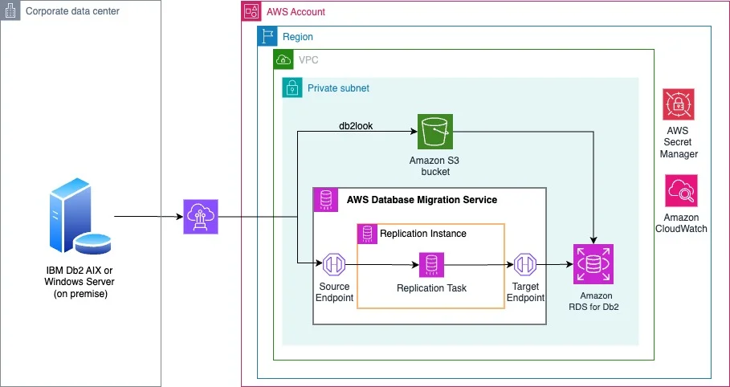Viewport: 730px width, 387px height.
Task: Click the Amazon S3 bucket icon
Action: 434,132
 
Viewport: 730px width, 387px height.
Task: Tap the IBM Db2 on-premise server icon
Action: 80,216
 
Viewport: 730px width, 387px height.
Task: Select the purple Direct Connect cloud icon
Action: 201,217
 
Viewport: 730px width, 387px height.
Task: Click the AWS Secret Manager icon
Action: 679,104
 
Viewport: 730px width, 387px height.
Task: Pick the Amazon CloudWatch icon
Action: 681,190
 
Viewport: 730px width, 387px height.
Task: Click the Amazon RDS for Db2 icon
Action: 593,264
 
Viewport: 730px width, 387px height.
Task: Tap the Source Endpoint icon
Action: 334,265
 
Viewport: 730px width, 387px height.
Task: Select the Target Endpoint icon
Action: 525,265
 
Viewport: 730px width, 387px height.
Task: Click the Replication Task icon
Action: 431,265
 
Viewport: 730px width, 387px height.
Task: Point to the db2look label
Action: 356,126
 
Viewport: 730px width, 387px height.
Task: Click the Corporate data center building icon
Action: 10,10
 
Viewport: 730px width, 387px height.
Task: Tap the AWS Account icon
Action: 251,10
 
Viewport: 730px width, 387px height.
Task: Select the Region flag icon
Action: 267,36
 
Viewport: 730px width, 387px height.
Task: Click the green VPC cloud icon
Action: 283,59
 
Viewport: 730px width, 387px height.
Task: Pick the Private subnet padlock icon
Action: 292,88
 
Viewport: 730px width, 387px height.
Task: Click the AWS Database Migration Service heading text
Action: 422,200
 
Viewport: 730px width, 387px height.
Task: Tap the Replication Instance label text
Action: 423,234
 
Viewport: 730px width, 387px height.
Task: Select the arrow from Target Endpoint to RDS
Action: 554,265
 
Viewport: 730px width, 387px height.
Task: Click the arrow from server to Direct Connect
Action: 149,217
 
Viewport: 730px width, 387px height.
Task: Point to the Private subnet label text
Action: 338,88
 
